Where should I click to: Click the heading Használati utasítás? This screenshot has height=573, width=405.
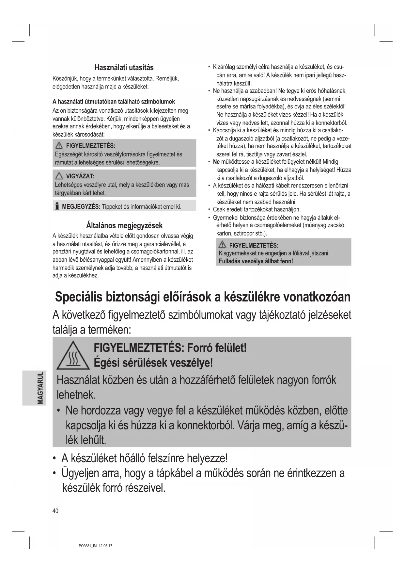[x=124, y=68]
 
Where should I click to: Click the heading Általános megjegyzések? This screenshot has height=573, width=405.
[x=124, y=225]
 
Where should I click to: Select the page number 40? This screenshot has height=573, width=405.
[x=55, y=511]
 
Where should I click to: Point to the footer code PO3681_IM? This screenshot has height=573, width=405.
[x=86, y=546]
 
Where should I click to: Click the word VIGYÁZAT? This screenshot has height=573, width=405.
[x=80, y=176]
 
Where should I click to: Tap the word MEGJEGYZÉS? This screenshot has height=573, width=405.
[x=81, y=206]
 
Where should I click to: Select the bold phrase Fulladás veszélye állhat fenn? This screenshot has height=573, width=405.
[x=256, y=261]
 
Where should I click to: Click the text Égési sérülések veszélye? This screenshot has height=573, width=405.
[x=153, y=363]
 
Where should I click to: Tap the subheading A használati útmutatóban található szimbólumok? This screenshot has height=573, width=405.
[x=114, y=102]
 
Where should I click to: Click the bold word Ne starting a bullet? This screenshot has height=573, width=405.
[x=216, y=162]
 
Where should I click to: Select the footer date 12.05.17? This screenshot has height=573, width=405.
[x=105, y=546]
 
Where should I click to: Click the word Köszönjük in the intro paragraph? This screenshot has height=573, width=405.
[x=65, y=79]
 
